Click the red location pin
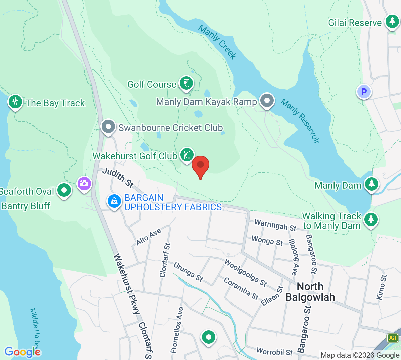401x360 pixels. (x=200, y=165)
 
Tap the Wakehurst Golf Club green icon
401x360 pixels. (x=187, y=155)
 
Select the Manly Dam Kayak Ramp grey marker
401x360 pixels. (x=267, y=100)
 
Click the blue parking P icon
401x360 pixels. (x=364, y=91)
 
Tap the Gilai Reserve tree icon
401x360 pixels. (x=392, y=22)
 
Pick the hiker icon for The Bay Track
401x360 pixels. (x=15, y=102)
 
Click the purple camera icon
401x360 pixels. (x=84, y=183)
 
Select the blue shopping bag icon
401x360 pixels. (x=114, y=201)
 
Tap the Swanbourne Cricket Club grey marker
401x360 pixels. (x=108, y=127)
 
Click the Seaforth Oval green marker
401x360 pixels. (x=64, y=190)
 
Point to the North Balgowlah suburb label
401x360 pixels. (x=310, y=292)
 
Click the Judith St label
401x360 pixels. (x=118, y=177)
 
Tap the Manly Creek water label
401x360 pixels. (x=218, y=42)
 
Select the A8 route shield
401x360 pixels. (x=393, y=338)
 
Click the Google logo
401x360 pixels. (x=22, y=352)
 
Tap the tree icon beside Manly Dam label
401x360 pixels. (x=371, y=184)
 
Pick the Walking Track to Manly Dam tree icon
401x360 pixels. (x=371, y=219)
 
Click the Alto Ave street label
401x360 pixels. (x=149, y=237)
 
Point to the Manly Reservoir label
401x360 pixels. (x=300, y=121)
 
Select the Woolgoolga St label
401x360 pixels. (x=245, y=273)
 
